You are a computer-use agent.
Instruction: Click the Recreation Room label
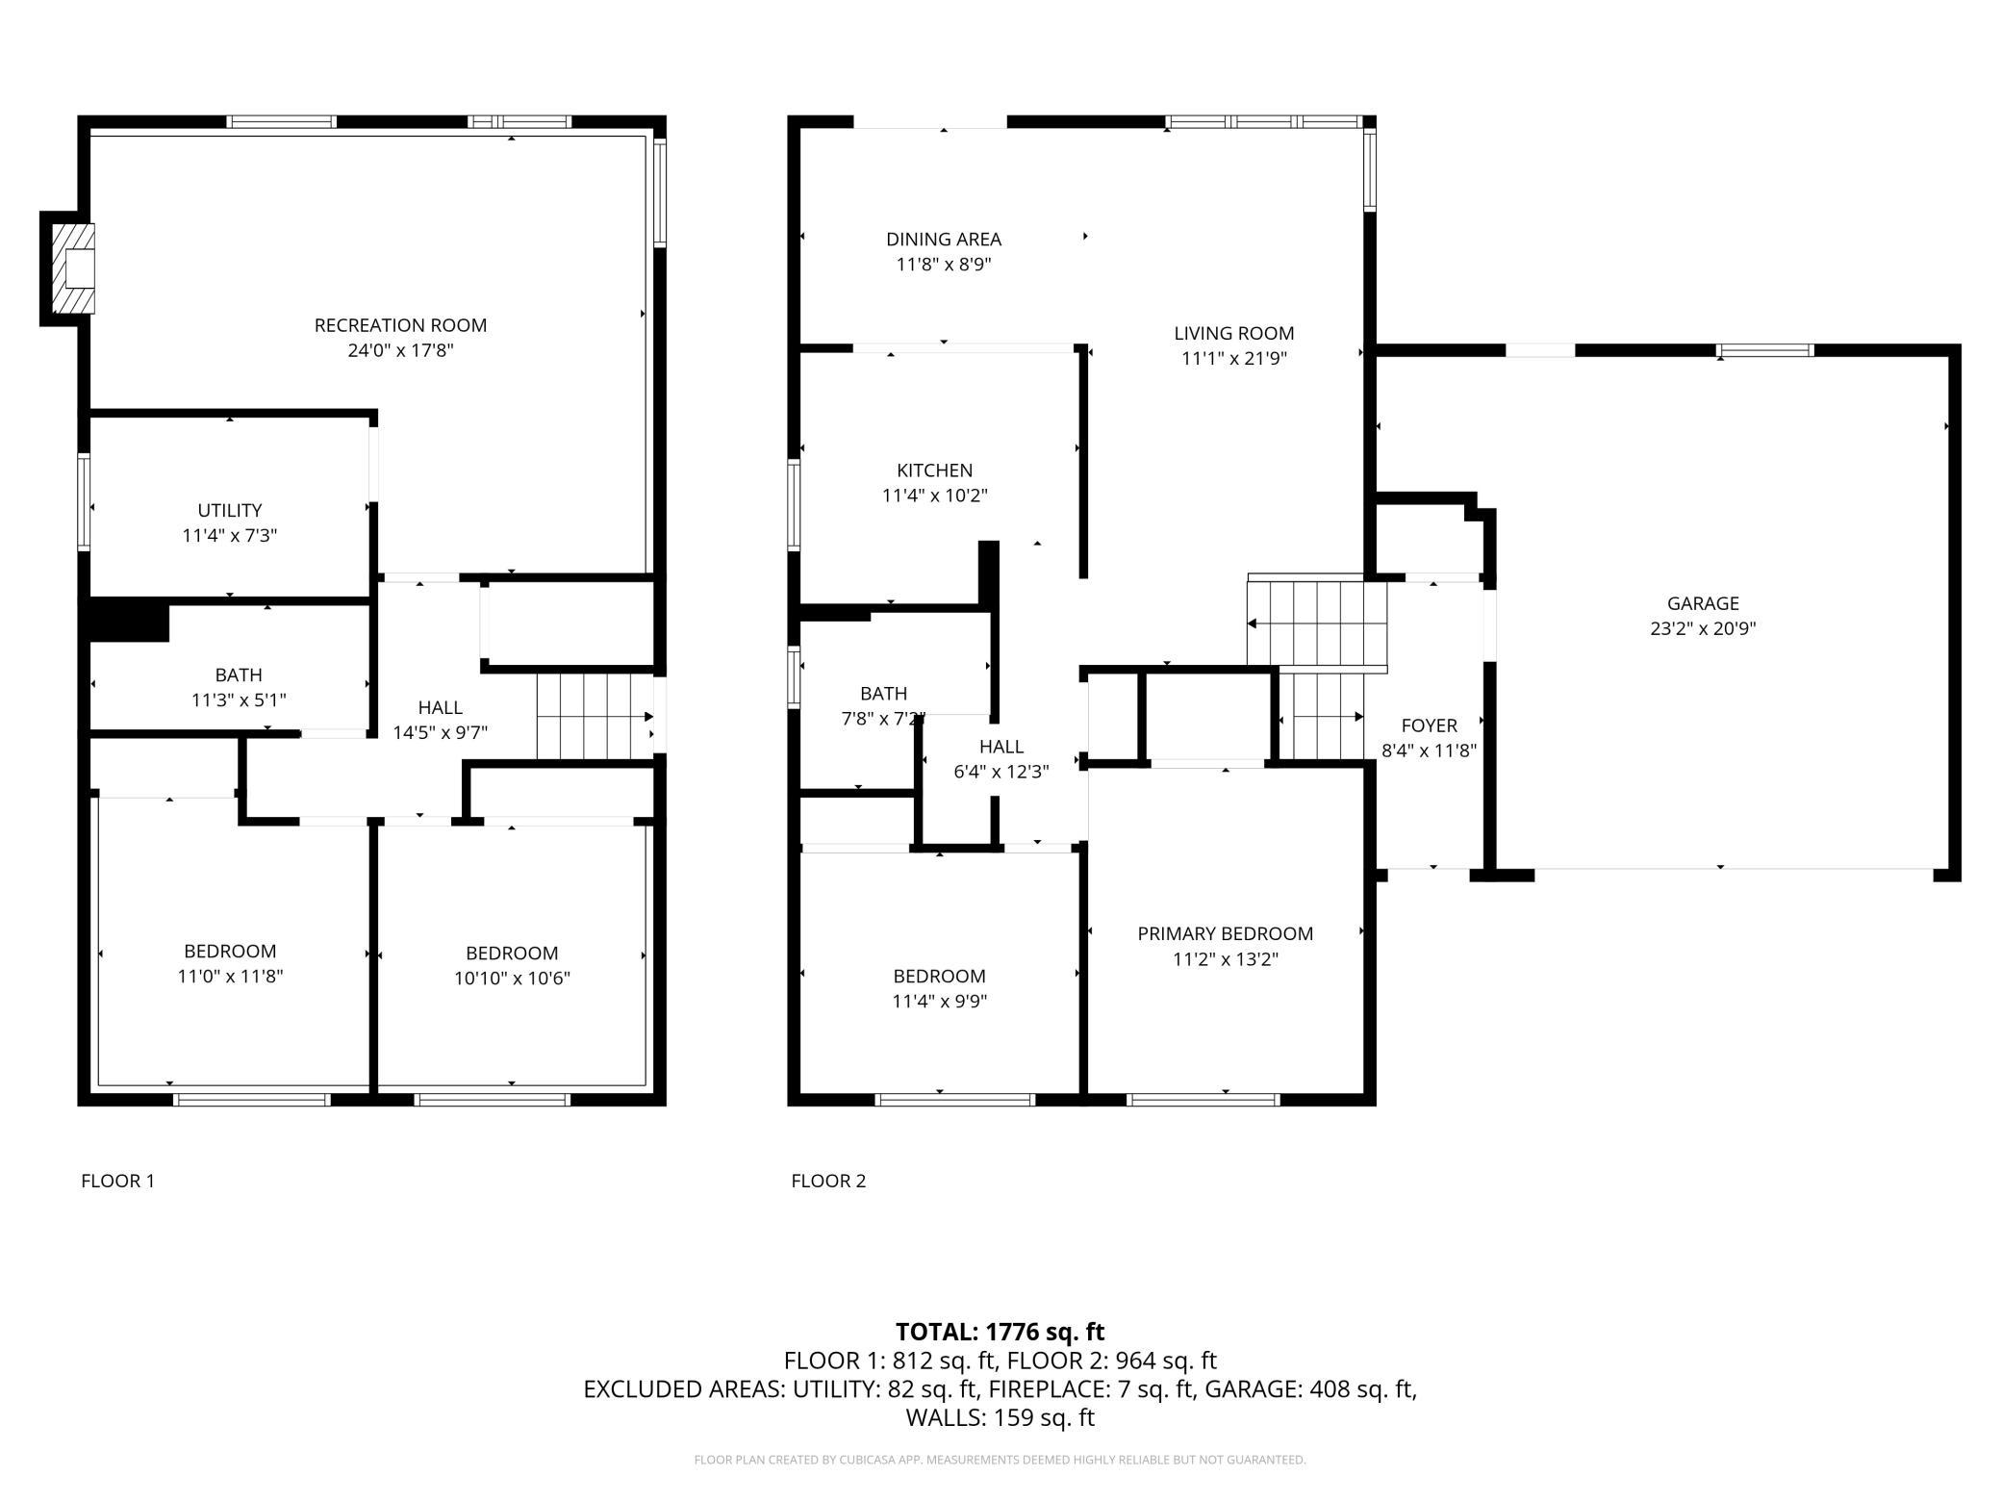click(400, 325)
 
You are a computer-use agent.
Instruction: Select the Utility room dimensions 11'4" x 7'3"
click(230, 535)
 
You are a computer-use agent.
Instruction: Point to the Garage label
click(1703, 603)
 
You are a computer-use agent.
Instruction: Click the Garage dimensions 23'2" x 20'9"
click(1703, 629)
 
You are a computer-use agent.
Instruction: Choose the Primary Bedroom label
click(1226, 933)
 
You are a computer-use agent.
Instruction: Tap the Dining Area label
click(944, 239)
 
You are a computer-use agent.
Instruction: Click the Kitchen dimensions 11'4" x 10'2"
click(935, 496)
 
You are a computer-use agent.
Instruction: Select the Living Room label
click(1234, 333)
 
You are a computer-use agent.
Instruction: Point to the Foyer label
click(1430, 725)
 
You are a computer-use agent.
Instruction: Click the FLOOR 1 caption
click(117, 1181)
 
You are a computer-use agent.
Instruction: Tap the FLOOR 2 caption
click(828, 1181)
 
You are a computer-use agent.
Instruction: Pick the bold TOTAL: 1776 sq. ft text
click(1000, 1332)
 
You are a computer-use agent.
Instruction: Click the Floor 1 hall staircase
click(595, 716)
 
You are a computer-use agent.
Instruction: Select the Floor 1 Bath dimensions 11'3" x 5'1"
click(239, 700)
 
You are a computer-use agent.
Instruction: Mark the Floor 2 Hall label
click(1001, 746)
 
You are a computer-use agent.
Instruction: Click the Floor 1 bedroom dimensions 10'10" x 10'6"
click(512, 979)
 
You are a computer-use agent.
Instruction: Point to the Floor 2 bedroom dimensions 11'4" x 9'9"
click(940, 1002)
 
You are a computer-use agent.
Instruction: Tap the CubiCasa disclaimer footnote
click(1000, 1460)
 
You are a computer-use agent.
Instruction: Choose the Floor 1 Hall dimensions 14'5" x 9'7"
click(441, 732)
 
